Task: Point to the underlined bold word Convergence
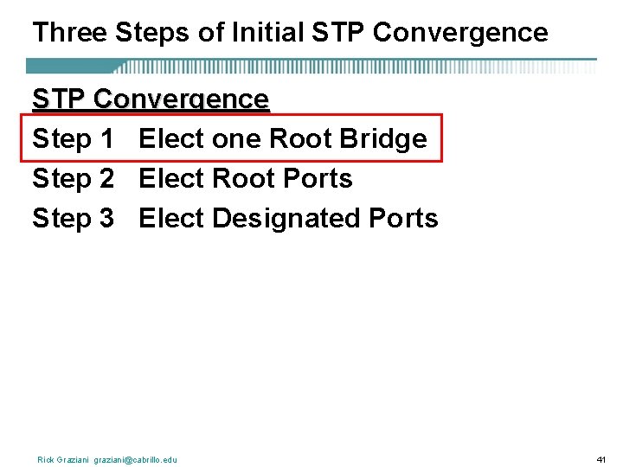pyautogui.click(x=181, y=99)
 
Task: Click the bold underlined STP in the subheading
pyautogui.click(x=59, y=99)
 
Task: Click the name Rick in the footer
pyautogui.click(x=46, y=459)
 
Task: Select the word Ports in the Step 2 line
pyautogui.click(x=318, y=179)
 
